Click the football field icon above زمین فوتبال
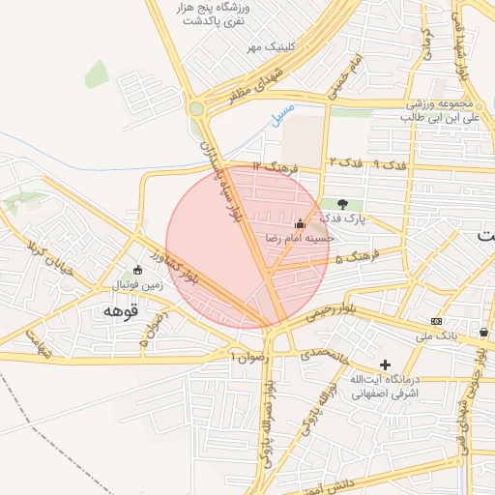click(136, 270)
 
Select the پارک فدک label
click(343, 219)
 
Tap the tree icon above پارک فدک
click(342, 204)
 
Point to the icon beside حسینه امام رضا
click(300, 225)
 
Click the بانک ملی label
click(435, 335)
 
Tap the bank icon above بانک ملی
click(436, 321)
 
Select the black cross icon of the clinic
click(386, 365)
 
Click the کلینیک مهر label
click(267, 46)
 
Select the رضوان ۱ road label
click(247, 358)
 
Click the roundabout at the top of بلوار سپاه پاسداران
click(199, 109)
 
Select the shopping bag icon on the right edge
click(482, 333)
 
